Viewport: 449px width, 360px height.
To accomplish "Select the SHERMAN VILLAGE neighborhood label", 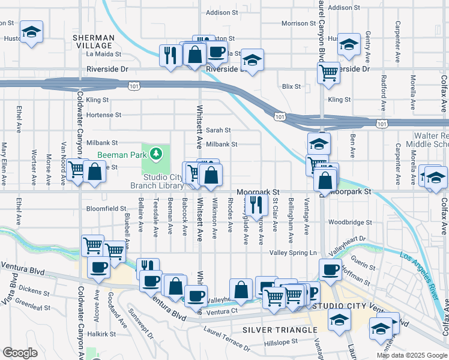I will (93, 41).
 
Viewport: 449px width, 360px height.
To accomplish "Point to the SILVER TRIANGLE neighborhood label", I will (280, 331).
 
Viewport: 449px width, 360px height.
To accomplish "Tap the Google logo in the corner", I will (20, 353).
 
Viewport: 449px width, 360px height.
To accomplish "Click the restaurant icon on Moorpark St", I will (256, 205).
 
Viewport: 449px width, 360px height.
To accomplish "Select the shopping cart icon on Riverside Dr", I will (328, 73).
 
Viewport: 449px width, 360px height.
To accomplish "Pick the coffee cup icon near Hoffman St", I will (329, 269).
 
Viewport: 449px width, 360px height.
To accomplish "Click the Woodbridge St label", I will (351, 222).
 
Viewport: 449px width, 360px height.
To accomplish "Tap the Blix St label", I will (291, 86).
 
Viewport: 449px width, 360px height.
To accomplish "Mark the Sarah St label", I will (218, 130).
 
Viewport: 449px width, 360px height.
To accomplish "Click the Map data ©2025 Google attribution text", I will (411, 355).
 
